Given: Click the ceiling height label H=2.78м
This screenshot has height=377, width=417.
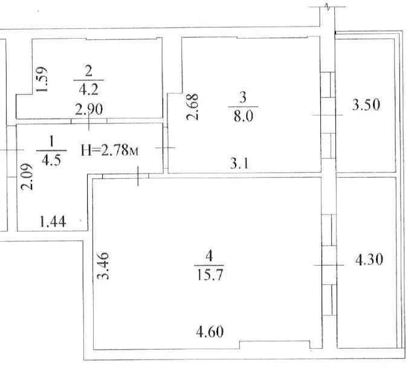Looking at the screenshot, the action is pos(109,150).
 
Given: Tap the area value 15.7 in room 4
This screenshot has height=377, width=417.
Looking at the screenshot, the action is pos(210,274).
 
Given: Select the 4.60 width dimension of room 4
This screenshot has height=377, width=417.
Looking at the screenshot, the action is pos(210,332).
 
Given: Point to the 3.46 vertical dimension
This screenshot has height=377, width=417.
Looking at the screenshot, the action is pos(103,266).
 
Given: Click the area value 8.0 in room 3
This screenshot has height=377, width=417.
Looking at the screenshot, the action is pos(244,116).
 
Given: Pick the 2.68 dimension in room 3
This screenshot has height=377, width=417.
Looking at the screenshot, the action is pos(192,106).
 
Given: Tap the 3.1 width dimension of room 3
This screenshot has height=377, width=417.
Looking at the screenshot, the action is pos(239,163).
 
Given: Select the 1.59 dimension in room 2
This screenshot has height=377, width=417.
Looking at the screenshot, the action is pos(42,79).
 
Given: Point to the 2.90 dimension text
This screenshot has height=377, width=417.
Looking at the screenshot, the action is pos(89,109).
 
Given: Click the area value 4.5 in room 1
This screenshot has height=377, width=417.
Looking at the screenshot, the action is pos(51,160).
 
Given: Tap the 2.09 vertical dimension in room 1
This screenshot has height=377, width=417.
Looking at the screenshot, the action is pos(27,176).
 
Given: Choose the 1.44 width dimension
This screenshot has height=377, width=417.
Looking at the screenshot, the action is pos(53,222).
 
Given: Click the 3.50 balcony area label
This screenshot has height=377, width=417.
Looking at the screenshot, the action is pos(366,105).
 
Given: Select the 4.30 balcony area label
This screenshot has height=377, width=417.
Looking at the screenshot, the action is pos(369,259).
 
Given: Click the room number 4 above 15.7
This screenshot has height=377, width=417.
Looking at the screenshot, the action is pos(209,256).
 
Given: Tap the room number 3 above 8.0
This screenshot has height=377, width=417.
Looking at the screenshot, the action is pos(242,97).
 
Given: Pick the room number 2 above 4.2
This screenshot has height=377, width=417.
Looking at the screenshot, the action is pos(88,71).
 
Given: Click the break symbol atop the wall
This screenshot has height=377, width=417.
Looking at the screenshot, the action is pos(328,7).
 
